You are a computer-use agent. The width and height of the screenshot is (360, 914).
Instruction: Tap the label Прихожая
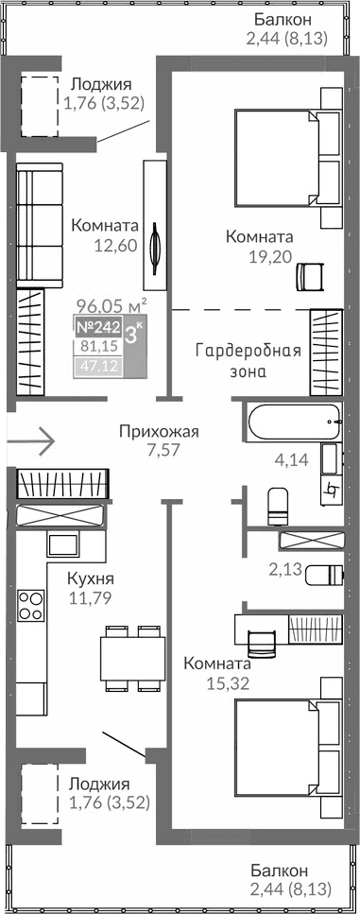point(159,432)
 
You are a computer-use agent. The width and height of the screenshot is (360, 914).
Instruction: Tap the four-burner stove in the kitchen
point(31,602)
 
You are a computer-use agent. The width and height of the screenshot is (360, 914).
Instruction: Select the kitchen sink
point(61,543)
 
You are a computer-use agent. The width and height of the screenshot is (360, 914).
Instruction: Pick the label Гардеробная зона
point(248,361)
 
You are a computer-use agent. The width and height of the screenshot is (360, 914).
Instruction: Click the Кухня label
point(91,578)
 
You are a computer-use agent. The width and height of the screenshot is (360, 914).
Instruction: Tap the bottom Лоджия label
point(98,784)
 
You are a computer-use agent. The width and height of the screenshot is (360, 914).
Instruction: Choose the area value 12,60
point(116,245)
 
